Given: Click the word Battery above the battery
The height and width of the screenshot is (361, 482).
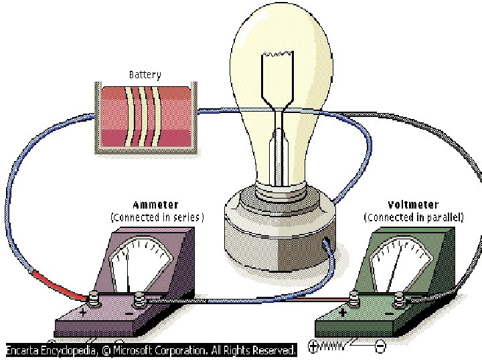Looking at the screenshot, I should tap(145, 75).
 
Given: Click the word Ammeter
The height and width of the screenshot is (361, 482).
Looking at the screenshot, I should tap(156, 205).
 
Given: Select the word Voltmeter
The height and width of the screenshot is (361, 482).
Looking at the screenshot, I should tap(413, 205).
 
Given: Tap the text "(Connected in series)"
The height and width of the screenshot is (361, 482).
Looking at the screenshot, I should tap(157, 217).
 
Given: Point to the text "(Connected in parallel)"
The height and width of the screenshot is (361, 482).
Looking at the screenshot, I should tap(422, 217).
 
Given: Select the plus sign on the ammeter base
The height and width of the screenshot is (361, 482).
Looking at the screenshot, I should tap(83, 312).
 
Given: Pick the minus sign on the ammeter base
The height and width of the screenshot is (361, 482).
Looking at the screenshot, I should tap(129, 312).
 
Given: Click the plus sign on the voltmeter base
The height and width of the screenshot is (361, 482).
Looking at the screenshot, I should tap(343, 312).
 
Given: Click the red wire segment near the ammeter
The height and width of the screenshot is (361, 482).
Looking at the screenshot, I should tap(57, 283).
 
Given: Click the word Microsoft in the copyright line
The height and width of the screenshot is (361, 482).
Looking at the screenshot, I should tap(140, 350).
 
